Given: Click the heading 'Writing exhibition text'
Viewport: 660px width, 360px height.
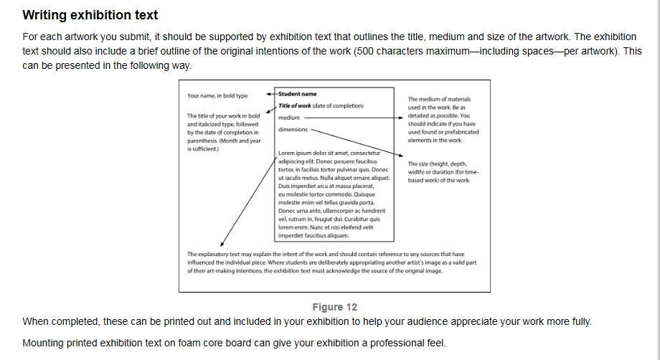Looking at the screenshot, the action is tap(90, 15).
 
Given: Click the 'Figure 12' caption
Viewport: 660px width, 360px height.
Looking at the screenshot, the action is tap(334, 308).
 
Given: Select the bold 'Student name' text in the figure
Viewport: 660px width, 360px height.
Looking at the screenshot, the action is tap(297, 94).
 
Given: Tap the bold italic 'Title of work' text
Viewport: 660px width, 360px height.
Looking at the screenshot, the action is tap(295, 106).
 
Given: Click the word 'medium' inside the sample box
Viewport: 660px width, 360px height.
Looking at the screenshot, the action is tap(288, 118).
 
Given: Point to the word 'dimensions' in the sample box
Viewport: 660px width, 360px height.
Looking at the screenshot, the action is tap(293, 130).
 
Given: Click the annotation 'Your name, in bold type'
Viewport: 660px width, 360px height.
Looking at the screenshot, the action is tap(217, 96).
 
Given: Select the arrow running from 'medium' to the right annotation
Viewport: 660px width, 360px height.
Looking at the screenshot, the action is tap(354, 118).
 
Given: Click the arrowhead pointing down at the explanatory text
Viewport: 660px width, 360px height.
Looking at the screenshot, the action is tap(222, 244).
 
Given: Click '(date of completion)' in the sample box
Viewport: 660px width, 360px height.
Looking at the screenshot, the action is tap(338, 106).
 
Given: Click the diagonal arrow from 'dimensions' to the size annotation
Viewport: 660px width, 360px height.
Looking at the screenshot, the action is tap(357, 143).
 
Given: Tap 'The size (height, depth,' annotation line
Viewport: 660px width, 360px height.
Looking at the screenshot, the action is tap(438, 164).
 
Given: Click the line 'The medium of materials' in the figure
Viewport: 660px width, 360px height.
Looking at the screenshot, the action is tap(439, 99).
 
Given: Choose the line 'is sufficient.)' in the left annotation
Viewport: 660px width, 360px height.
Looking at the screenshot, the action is tap(203, 149).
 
